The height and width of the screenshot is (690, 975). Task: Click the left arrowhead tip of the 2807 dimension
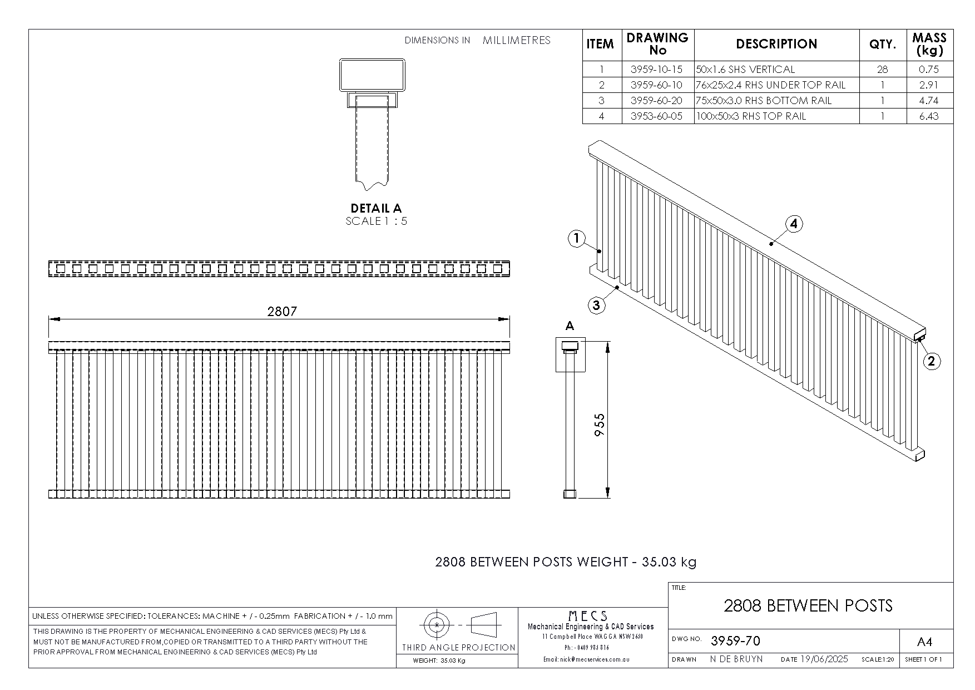[49, 319]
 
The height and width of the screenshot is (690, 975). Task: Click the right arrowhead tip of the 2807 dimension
[509, 319]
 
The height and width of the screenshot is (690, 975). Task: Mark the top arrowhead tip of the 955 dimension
[607, 342]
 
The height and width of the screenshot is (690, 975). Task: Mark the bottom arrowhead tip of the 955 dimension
[607, 497]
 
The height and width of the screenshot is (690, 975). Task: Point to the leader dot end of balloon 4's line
[771, 243]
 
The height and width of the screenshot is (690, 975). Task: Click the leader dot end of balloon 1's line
[600, 252]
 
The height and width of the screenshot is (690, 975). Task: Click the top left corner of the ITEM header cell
[582, 29]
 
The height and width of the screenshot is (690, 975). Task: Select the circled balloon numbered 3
[596, 305]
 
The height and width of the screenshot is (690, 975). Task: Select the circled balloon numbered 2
[932, 361]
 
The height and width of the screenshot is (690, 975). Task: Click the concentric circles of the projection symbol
[437, 625]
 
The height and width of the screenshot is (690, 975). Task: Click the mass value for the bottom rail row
[929, 101]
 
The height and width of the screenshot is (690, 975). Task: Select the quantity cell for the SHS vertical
[883, 70]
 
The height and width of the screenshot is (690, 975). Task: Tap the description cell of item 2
[777, 85]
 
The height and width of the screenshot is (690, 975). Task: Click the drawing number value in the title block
[735, 641]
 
